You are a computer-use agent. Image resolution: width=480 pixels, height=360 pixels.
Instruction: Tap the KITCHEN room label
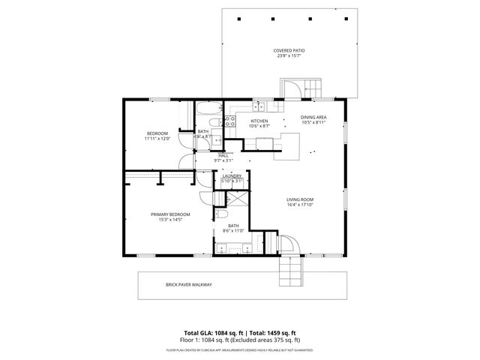[259, 121]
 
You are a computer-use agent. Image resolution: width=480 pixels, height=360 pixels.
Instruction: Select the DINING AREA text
[313, 118]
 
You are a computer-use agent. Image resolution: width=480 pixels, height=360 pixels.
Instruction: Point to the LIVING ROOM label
[298, 199]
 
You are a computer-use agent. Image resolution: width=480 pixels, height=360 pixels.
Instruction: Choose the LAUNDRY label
[232, 175]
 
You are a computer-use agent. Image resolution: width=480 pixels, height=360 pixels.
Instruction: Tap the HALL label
[223, 155]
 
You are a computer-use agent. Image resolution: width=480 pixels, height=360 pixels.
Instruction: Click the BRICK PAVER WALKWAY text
[189, 284]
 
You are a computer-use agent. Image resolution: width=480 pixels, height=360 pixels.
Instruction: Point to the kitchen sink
[260, 106]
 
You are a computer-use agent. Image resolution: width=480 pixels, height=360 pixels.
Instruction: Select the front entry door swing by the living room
[292, 246]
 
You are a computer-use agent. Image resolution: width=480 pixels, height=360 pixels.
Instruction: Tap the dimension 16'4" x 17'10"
[298, 205]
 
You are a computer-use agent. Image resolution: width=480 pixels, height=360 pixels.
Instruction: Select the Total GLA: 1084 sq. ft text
[212, 332]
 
